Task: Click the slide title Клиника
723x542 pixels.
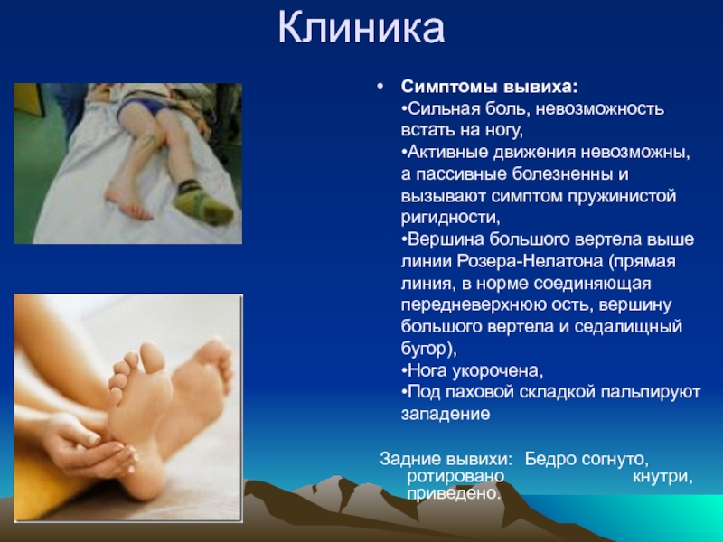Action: [361, 29]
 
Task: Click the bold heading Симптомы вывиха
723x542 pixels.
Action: [489, 86]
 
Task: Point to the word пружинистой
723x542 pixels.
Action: [622, 197]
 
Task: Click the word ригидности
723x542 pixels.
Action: [450, 218]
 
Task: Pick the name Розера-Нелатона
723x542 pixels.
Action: [530, 261]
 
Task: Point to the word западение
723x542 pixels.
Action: [446, 414]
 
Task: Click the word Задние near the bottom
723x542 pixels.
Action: [408, 459]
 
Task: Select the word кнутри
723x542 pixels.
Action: [662, 476]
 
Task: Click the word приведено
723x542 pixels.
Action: [454, 493]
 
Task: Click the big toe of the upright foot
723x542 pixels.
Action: [153, 357]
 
